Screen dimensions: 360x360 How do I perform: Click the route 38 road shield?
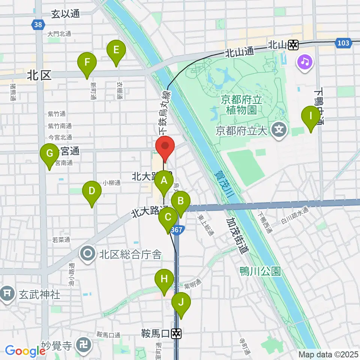coord(37,25)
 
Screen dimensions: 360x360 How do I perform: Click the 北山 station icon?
coord(293,45)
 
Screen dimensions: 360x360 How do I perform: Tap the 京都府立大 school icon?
coord(279,130)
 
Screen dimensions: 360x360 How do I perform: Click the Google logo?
coord(25,351)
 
